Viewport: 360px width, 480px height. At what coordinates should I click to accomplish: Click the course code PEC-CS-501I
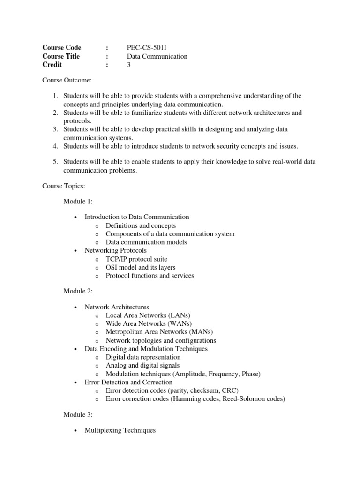tap(148, 48)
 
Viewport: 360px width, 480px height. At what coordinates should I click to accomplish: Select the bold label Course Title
tap(61, 56)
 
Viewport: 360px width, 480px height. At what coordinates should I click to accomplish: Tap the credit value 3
tap(129, 65)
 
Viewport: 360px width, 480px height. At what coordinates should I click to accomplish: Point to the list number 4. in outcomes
tap(55, 146)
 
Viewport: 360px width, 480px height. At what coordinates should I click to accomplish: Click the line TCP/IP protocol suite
tap(136, 259)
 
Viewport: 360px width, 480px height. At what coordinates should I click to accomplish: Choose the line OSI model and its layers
tap(141, 267)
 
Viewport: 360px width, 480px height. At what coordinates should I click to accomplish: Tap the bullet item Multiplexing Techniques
tap(120, 430)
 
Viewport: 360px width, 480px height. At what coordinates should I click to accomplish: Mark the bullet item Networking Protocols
tap(115, 250)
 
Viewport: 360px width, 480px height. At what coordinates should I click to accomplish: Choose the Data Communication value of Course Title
tap(157, 56)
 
